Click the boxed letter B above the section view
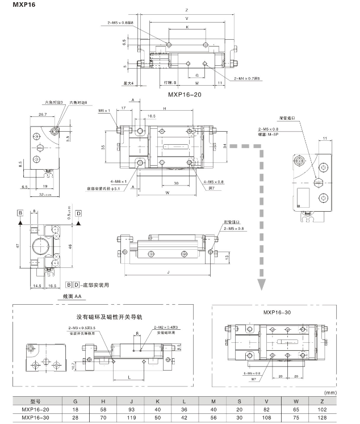click(20, 213)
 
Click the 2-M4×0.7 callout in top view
click(245, 78)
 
